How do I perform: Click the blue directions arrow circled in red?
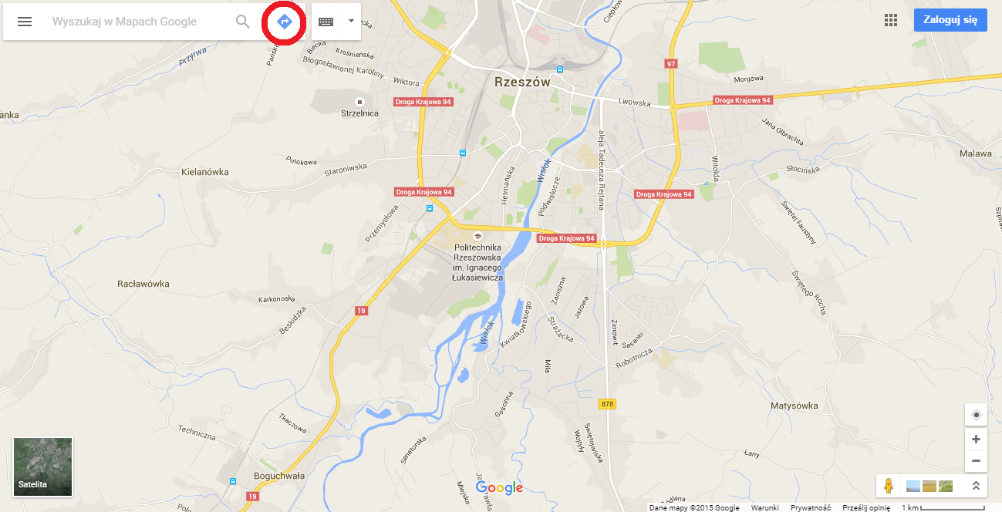coord(283,22)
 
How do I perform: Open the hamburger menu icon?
coord(25,22)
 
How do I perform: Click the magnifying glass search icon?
coord(243,22)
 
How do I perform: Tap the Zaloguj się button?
coord(950,20)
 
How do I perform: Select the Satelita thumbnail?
coord(43,467)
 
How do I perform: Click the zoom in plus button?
coord(976,439)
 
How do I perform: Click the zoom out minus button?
coord(976,460)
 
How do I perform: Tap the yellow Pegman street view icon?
coord(889,486)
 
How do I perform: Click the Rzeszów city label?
coord(522,81)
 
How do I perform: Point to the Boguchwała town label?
coord(279,476)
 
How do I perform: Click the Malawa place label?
coord(976,153)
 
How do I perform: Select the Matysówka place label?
coord(794,406)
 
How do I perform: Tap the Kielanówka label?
coord(204,172)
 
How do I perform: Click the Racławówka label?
coord(143,284)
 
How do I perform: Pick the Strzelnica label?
coord(359,113)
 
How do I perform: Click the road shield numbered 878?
coord(607,404)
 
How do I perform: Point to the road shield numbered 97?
coord(671,63)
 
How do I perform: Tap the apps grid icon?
coord(891,20)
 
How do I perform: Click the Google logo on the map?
coord(499,488)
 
